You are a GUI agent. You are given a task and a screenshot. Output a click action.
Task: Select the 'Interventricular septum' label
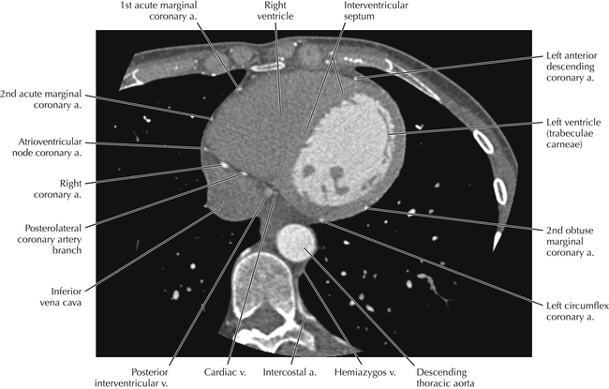click(x=376, y=11)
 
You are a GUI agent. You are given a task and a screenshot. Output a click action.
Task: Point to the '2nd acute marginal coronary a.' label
click(x=41, y=99)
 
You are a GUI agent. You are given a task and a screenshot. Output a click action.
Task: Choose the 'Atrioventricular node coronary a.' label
click(x=47, y=147)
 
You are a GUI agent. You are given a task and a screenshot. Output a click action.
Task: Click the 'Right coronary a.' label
click(x=57, y=188)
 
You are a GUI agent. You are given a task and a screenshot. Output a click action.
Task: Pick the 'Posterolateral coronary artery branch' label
click(x=50, y=239)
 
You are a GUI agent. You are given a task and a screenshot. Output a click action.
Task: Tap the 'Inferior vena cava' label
click(x=61, y=297)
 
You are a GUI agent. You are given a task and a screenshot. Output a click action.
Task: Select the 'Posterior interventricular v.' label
click(x=131, y=378)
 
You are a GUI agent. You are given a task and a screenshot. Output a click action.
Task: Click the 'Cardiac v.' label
click(x=225, y=372)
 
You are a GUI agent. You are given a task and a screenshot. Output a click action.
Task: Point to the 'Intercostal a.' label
click(x=290, y=372)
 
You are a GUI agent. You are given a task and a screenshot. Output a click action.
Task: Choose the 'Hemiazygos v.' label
click(x=365, y=372)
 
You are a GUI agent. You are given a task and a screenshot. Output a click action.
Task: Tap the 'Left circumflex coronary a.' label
click(x=577, y=311)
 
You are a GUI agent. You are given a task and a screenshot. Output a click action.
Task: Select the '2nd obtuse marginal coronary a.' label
click(x=571, y=241)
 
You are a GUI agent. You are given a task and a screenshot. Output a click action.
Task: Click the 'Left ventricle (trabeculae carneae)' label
click(x=573, y=133)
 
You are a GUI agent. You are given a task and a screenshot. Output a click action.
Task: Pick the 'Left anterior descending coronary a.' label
click(x=571, y=67)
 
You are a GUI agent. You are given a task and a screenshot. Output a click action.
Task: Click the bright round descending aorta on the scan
click(x=296, y=243)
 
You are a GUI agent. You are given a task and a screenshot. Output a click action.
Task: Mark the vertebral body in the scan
click(x=264, y=280)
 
